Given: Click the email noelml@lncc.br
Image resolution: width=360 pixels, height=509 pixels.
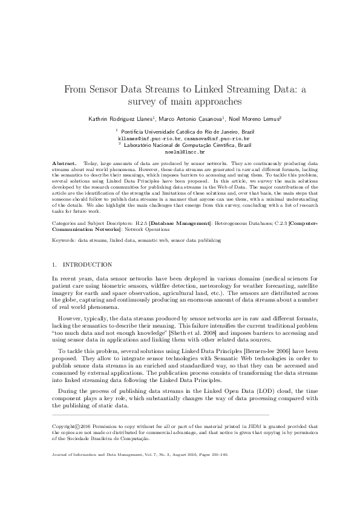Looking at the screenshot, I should click(180, 152).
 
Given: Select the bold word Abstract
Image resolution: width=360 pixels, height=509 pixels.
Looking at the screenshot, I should click(65, 164).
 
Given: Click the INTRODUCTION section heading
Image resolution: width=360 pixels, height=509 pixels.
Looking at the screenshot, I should click(87, 265).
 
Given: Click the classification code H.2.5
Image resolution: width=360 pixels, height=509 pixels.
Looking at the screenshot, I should click(141, 224).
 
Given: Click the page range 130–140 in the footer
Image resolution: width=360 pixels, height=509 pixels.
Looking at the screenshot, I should click(216, 454).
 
